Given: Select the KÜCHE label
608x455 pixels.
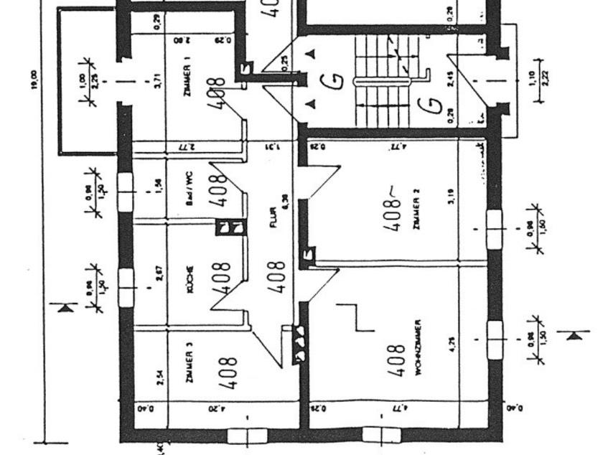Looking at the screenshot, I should [190, 278].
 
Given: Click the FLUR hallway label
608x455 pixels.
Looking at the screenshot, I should [273, 222].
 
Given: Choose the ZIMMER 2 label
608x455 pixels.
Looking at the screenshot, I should [416, 208].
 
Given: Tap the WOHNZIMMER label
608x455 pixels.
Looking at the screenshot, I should [417, 348].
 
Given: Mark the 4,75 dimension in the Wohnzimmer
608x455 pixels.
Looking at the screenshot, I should [452, 344].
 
